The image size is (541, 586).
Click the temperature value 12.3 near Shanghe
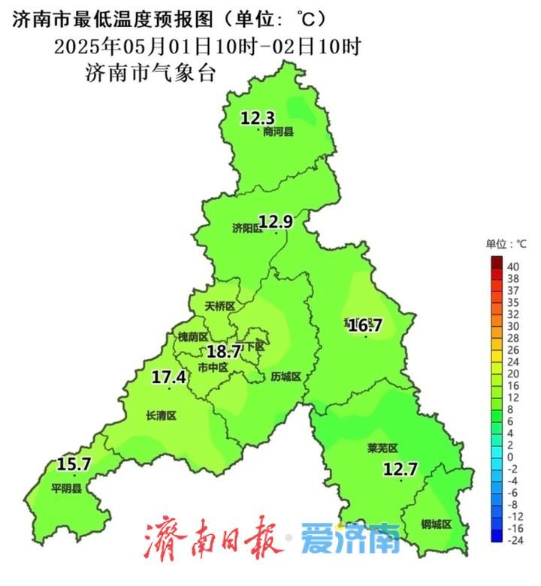[258, 118]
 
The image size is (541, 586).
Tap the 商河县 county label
[279, 132]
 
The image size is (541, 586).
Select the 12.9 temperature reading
[275, 221]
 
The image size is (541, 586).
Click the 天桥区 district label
[221, 307]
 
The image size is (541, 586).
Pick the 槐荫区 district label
[192, 337]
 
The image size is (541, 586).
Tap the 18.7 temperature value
[224, 351]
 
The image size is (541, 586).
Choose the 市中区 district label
[213, 367]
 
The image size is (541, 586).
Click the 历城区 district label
[286, 376]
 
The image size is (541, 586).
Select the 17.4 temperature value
[168, 377]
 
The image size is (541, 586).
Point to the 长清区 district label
[161, 415]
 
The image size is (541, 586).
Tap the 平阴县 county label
[66, 488]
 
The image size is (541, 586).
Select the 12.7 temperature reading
[400, 470]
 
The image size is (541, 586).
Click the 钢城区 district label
[436, 524]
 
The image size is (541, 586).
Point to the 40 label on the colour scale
[514, 267]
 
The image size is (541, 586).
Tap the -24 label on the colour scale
[515, 539]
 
